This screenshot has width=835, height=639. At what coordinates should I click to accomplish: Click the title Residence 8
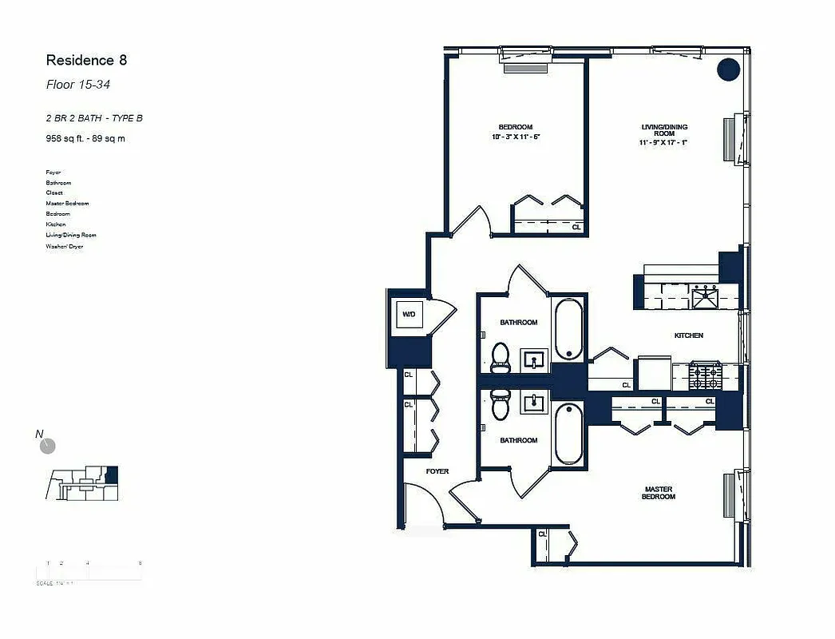86,60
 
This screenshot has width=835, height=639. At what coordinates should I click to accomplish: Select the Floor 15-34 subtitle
77,85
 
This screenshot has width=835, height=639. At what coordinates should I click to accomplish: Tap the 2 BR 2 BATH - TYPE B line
94,118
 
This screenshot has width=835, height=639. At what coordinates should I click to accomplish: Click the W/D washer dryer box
409,314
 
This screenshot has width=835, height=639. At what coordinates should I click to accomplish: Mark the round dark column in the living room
728,70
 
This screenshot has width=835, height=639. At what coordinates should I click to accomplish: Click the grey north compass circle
48,446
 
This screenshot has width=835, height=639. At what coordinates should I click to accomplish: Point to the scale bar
89,572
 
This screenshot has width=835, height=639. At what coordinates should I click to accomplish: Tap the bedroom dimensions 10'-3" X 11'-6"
516,137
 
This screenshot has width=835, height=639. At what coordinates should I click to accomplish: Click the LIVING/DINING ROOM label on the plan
664,130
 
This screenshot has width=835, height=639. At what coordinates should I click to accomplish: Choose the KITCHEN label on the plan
688,335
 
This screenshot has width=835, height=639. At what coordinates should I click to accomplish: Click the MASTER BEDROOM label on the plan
659,493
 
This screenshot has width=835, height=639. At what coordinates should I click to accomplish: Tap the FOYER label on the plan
437,471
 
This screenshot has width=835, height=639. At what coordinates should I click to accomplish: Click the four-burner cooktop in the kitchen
705,376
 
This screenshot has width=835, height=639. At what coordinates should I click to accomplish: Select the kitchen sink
705,297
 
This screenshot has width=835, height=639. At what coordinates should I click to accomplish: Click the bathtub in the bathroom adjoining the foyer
568,434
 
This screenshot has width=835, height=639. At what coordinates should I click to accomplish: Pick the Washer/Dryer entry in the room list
65,246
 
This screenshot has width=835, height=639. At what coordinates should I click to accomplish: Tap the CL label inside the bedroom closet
576,227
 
